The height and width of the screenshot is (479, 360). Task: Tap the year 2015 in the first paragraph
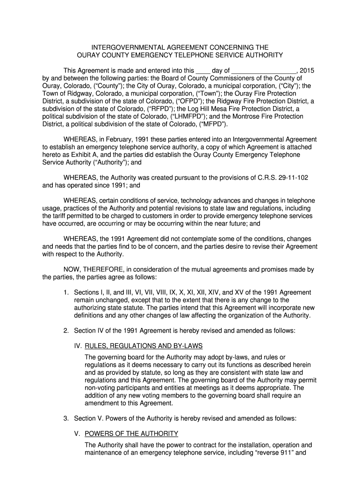tap(306, 71)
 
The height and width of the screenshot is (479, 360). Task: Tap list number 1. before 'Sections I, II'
tap(66, 292)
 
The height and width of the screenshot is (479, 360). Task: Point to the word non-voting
tap(101, 387)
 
